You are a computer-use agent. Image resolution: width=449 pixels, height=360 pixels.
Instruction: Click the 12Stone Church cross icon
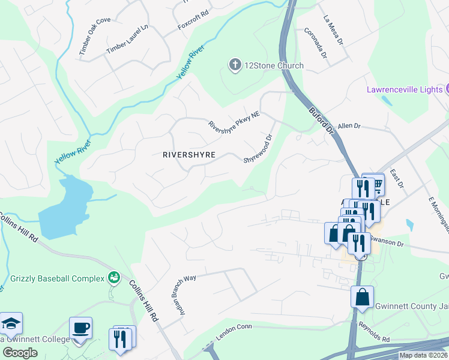[235, 64]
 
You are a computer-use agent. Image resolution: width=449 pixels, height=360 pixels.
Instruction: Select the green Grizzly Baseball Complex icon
[113, 277]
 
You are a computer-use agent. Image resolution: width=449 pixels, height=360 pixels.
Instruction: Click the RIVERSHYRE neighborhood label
[189, 155]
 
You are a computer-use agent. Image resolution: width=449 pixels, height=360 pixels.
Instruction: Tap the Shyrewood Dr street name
[258, 148]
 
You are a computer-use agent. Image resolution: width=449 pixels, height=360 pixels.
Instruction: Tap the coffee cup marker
[80, 328]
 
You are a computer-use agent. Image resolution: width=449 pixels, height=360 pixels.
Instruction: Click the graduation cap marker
[11, 323]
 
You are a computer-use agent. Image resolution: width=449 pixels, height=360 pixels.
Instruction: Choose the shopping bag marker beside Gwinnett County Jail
[362, 297]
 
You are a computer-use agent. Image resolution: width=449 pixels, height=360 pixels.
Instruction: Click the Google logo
[20, 352]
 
